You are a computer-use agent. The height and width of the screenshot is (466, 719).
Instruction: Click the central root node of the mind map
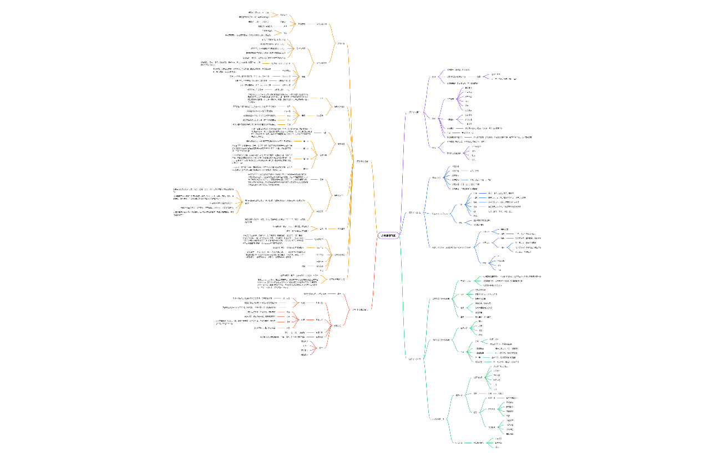pos(388,235)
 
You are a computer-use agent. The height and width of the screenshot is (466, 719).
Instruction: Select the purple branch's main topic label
pos(414,112)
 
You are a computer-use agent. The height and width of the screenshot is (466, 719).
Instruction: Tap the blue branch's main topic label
pos(414,212)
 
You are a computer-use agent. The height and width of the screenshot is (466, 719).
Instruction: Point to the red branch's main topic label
pos(359,309)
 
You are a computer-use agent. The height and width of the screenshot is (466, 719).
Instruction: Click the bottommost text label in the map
pos(497,447)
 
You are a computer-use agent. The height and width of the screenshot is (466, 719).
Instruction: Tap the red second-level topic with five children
pos(337,326)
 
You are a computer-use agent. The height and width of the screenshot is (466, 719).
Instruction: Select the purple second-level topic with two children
pos(433,146)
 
